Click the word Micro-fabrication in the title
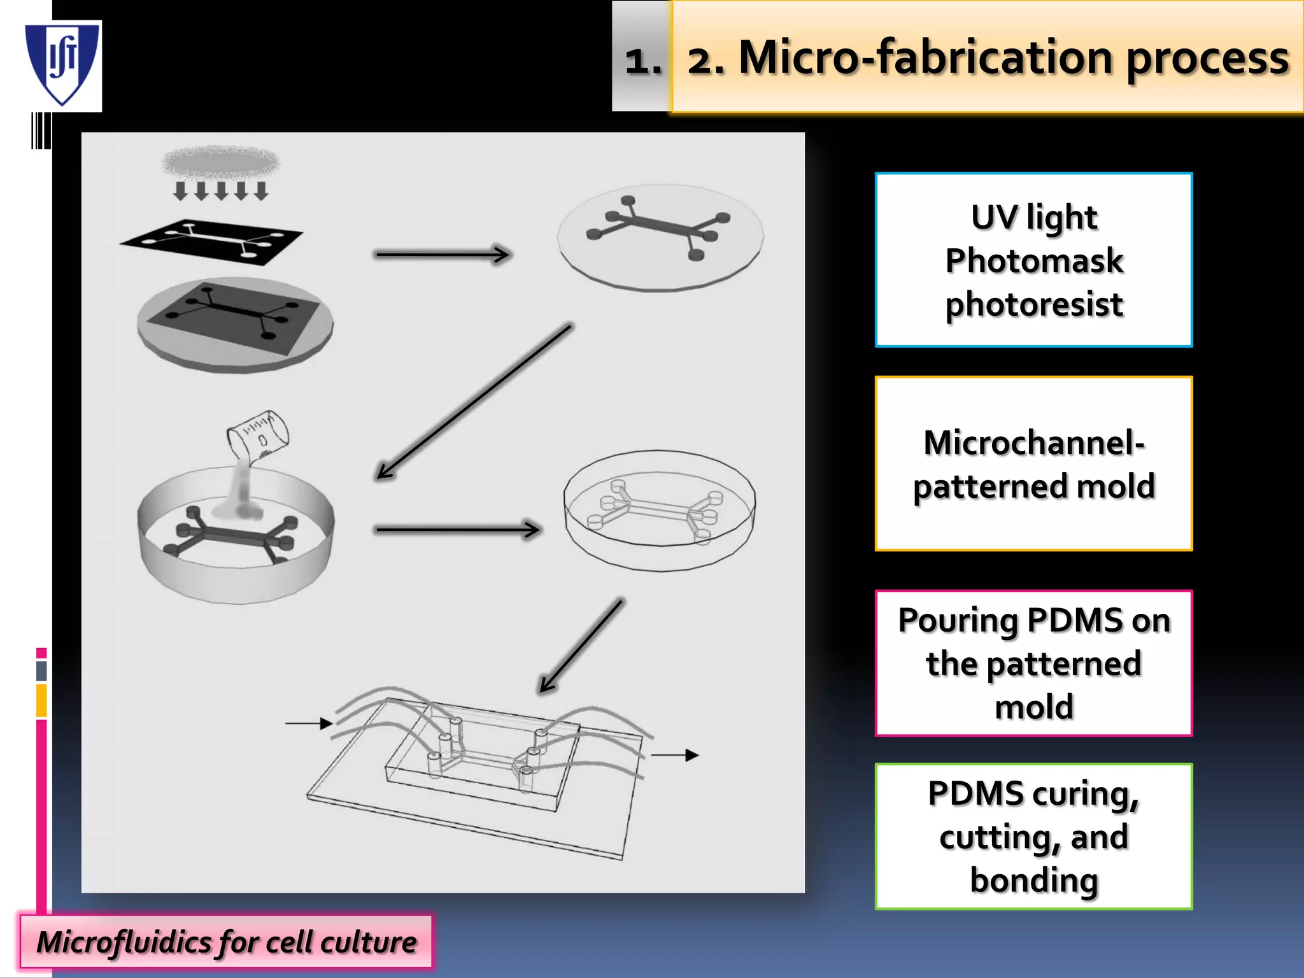926,59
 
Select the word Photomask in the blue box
1034,261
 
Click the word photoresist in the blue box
1034,304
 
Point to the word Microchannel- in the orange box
1034,443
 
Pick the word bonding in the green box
1034,881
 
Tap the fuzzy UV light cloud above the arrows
220,162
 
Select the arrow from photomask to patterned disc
442,255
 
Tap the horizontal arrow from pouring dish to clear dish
457,529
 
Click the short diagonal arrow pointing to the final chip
581,645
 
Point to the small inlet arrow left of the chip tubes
308,723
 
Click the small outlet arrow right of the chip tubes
675,755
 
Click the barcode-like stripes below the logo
41,131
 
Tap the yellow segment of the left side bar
41,700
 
